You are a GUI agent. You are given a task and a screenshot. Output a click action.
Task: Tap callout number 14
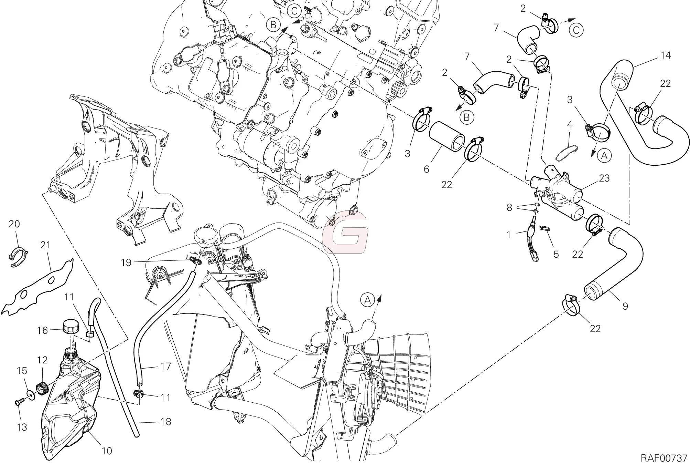coord(666,55)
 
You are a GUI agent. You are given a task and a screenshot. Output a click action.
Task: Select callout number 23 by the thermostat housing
coord(604,178)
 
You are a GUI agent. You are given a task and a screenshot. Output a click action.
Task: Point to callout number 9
coord(625,306)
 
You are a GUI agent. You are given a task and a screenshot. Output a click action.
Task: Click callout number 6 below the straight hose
coord(427,169)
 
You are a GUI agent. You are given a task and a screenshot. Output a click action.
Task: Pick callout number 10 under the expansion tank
coord(107,451)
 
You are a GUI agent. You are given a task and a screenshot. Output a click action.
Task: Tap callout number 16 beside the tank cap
coord(42,331)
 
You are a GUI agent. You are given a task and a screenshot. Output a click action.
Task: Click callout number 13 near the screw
coord(22,427)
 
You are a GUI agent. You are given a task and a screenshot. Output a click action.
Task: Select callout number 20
coord(14,224)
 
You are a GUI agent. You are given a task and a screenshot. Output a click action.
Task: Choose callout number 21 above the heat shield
coord(45,245)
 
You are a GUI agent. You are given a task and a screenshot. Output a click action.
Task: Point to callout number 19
coord(126,262)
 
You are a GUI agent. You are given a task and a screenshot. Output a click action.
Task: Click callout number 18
coord(166,422)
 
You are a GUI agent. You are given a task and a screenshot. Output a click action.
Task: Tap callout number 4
coord(570,125)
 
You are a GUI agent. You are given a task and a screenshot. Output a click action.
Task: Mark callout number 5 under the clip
coord(556,254)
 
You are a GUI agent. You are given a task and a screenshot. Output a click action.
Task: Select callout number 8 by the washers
coord(509,207)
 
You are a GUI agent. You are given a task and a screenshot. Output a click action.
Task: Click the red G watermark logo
coord(345,232)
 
